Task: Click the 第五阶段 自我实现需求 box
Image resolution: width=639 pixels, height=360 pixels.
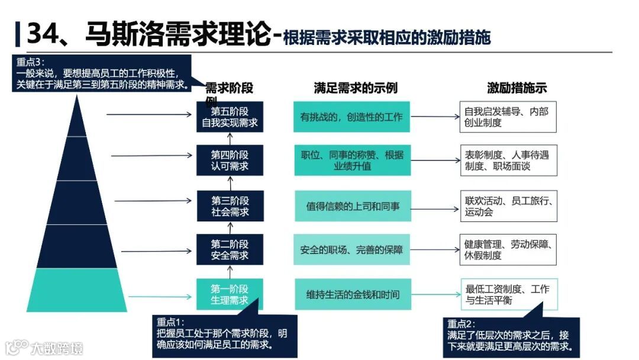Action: pos(230,117)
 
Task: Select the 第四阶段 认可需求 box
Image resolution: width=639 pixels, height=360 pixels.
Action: pos(230,160)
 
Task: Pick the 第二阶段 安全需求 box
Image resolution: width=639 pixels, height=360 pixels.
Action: pos(230,249)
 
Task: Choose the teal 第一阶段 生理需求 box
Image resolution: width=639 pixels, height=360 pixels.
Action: pos(230,294)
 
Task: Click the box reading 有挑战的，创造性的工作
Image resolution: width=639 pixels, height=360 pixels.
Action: pos(351,117)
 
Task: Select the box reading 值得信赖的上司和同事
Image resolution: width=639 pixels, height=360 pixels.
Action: pos(351,206)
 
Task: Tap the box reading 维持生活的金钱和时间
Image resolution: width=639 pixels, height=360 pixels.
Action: pos(351,294)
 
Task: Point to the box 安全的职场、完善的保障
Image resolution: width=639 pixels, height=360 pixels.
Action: pos(351,250)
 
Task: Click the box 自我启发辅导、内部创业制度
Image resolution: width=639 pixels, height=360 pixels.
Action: pos(508,117)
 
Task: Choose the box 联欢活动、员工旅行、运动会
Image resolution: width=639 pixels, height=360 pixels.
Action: pos(508,206)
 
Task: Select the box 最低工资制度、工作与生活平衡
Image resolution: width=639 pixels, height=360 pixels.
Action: pos(508,294)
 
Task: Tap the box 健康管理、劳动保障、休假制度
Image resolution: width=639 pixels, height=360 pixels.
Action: pos(508,249)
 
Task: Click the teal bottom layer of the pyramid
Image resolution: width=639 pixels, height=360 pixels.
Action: pos(77,290)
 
